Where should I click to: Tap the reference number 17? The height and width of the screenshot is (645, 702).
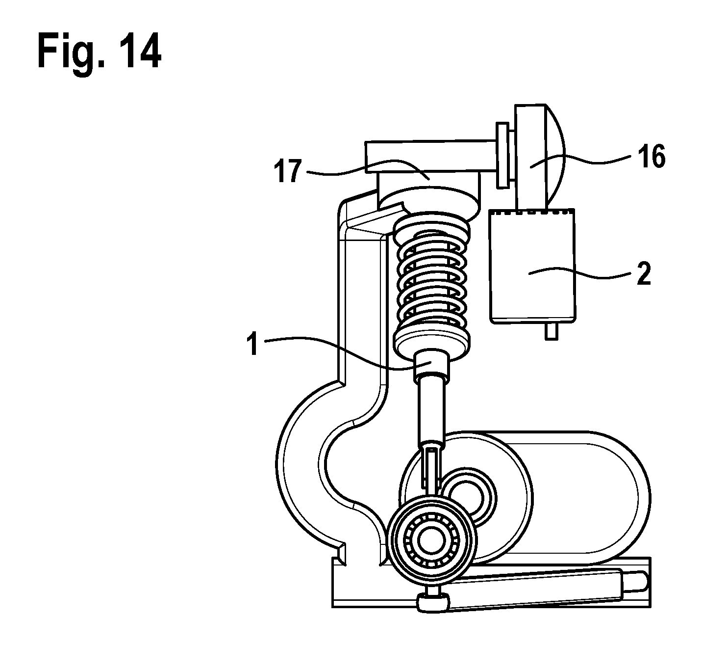click(x=288, y=171)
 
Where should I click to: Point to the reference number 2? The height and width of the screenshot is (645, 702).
click(x=644, y=273)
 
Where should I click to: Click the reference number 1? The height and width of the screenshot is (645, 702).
click(x=252, y=345)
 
